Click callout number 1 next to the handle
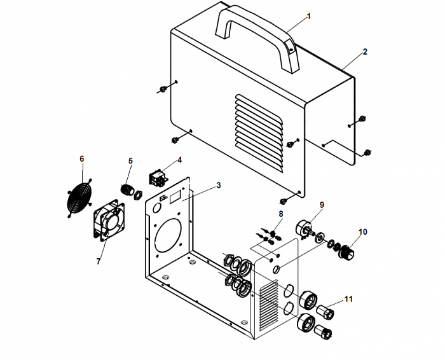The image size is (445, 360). point(310,15)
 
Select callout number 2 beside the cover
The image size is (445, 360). point(365,52)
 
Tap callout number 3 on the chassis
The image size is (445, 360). point(218,185)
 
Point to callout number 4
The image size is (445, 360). point(180,160)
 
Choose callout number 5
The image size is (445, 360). point(130,161)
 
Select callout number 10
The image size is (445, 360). point(362,232)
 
